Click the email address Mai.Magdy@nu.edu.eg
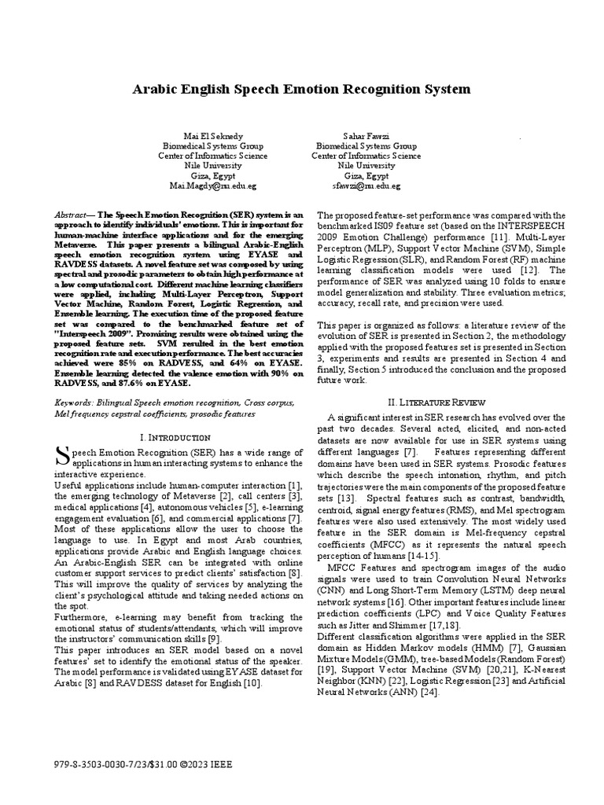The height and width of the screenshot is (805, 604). coord(208,186)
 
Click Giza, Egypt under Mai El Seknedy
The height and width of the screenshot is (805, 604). coord(208,176)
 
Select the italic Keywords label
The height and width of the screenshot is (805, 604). coord(73,402)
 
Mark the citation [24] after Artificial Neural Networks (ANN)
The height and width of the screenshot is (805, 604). coord(428,693)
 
